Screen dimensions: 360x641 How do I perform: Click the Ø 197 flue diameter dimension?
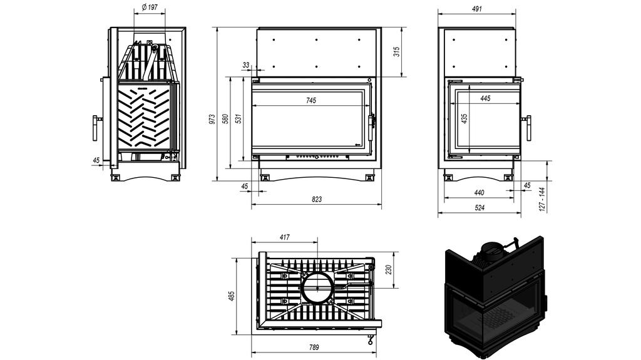pyautogui.click(x=149, y=7)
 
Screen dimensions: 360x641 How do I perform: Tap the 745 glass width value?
pyautogui.click(x=311, y=100)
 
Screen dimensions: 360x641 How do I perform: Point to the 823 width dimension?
pyautogui.click(x=317, y=200)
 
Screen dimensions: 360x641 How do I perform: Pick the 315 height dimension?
pyautogui.click(x=396, y=52)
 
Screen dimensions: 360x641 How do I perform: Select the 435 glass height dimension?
pyautogui.click(x=464, y=118)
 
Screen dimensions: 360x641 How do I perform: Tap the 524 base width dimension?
pyautogui.click(x=479, y=207)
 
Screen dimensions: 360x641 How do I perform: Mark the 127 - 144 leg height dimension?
pyautogui.click(x=542, y=198)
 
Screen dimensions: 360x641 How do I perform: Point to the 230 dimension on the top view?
pyautogui.click(x=388, y=270)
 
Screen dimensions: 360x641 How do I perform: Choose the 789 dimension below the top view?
pyautogui.click(x=315, y=348)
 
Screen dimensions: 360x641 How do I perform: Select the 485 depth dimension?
pyautogui.click(x=231, y=296)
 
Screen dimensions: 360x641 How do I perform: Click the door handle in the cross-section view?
pyautogui.click(x=95, y=128)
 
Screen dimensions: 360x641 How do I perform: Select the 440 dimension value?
pyautogui.click(x=479, y=192)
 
